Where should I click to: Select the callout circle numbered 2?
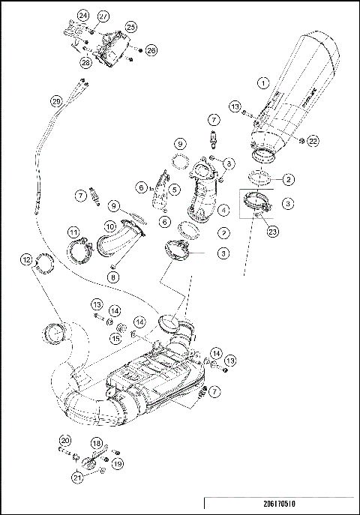coord(289,180)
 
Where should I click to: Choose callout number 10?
coord(109,225)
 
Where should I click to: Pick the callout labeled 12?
coord(26,260)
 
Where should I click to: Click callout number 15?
coord(116,339)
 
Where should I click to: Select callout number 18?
coord(96,444)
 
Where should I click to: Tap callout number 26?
coord(151,50)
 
